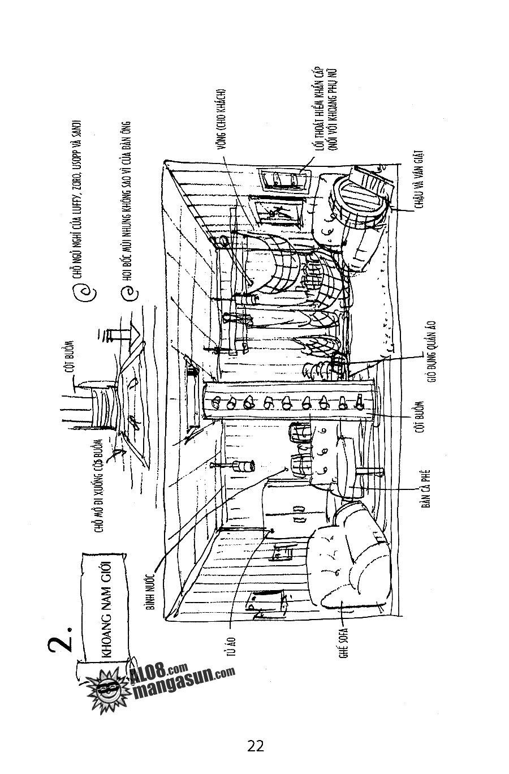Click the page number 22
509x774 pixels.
click(256, 746)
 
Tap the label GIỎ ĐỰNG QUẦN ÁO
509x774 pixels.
click(431, 352)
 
